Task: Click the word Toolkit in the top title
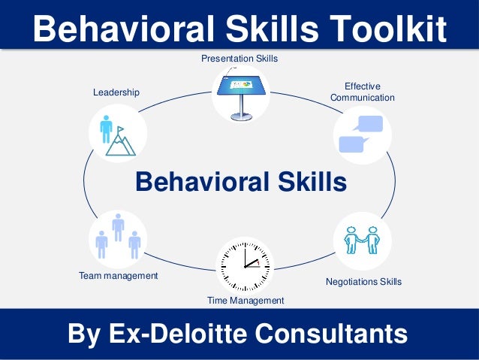387,29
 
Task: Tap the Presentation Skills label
239,58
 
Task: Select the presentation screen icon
240,89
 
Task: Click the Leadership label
116,92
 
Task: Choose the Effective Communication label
362,92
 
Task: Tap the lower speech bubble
354,144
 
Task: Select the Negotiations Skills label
363,282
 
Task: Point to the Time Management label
246,301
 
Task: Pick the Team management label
119,276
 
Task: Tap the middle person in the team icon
118,226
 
